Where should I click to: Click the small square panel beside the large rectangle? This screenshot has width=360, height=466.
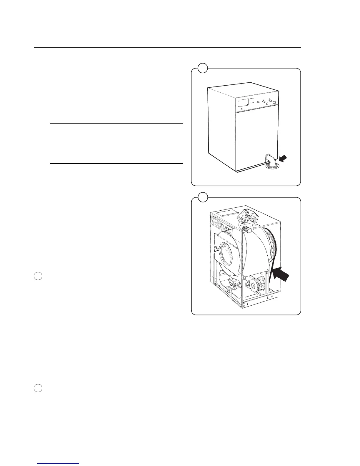[251, 101]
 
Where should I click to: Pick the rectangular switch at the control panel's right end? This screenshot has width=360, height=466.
[274, 102]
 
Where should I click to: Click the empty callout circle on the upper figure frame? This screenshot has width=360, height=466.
[203, 68]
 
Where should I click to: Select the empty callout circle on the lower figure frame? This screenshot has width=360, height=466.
[203, 197]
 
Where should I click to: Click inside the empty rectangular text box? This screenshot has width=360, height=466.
[116, 143]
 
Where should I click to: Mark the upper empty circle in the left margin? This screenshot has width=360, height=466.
[38, 276]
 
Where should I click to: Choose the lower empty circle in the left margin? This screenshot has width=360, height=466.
[38, 388]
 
